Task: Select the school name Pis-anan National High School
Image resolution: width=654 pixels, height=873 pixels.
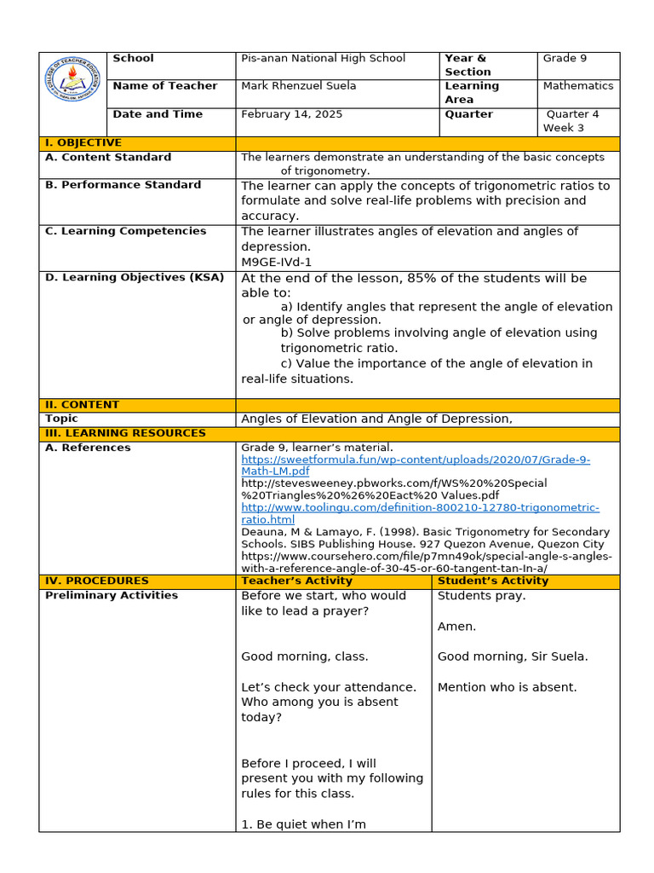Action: [x=324, y=59]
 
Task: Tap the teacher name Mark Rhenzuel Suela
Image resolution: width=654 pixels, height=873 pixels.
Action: [x=298, y=86]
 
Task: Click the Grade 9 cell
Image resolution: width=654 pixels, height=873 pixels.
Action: [x=565, y=59]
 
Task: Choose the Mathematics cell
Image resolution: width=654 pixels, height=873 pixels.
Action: [x=578, y=86]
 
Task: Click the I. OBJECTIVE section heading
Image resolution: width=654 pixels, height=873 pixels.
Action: [x=83, y=143]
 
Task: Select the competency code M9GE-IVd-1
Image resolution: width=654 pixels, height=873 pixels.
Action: [x=276, y=262]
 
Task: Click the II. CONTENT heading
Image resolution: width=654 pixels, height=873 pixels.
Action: [x=83, y=405]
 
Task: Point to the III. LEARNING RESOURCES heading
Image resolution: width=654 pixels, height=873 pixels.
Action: [x=125, y=433]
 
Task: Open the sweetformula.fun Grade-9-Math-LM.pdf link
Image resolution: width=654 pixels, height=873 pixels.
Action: [x=415, y=465]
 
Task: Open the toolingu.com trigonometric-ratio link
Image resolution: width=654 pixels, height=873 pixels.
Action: [x=420, y=513]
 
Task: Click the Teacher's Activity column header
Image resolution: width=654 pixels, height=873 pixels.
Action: [x=296, y=581]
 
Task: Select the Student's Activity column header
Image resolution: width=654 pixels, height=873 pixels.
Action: [x=493, y=581]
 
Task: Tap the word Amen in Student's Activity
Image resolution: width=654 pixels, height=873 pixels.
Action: [x=456, y=627]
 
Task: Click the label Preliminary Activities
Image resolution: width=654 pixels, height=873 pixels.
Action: [x=112, y=596]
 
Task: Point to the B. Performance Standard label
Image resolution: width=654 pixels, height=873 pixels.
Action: [x=123, y=185]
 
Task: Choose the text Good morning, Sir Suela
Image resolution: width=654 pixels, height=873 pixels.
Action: [x=513, y=657]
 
